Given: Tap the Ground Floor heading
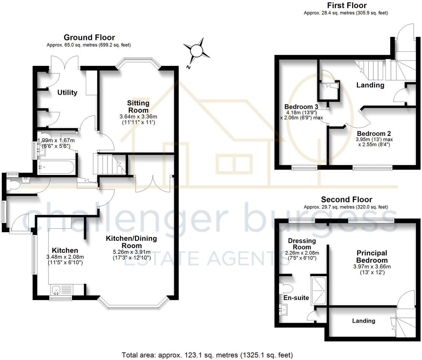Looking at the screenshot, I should click(x=89, y=37).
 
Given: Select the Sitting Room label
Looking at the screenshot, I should click(x=138, y=106).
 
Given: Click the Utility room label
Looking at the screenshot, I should click(x=67, y=93).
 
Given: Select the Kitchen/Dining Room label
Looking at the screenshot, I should click(x=131, y=242).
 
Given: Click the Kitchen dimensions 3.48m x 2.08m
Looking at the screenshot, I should click(x=65, y=257).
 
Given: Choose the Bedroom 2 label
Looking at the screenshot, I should click(x=374, y=134).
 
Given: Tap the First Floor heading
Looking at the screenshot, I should click(x=347, y=5).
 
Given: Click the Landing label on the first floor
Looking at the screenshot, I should click(x=370, y=85).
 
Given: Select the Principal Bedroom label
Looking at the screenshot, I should click(x=372, y=256).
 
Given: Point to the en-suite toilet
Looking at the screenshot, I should click(x=286, y=289).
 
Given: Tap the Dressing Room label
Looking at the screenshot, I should click(x=302, y=244).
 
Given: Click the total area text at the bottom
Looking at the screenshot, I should click(x=207, y=355).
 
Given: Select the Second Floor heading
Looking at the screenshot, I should click(x=347, y=199).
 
